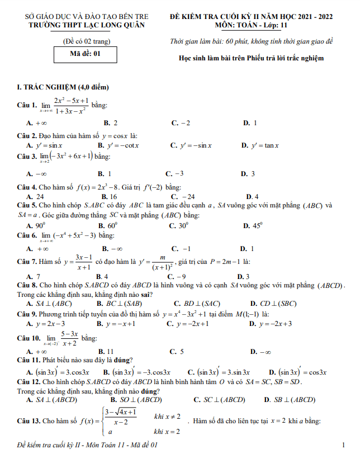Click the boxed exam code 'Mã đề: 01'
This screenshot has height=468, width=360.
click(x=86, y=54)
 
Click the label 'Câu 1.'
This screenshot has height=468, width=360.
click(x=27, y=105)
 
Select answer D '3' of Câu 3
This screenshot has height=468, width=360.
click(x=248, y=173)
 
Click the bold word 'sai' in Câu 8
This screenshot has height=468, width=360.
click(x=146, y=294)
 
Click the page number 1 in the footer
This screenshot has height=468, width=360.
click(x=342, y=445)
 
